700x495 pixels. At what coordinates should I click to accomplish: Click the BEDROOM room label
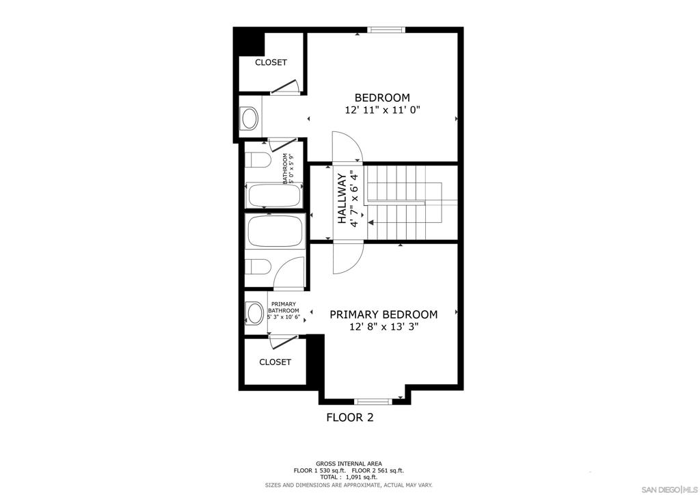[x=382, y=97]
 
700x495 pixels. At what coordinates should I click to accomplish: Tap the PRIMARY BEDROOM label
[x=383, y=315]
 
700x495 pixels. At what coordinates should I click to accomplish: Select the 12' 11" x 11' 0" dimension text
[x=383, y=110]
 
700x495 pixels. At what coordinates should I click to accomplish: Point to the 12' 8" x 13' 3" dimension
[x=384, y=327]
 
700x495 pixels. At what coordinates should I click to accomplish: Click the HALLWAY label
[x=342, y=199]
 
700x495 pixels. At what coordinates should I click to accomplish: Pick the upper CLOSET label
[x=271, y=62]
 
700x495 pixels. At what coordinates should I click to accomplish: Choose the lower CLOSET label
[x=275, y=362]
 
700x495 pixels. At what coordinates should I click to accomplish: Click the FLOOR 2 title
[x=350, y=417]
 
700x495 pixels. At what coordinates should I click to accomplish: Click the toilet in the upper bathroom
[x=258, y=159]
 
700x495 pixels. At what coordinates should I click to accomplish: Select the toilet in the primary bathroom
[x=258, y=267]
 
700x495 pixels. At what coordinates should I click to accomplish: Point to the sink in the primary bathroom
[x=255, y=312]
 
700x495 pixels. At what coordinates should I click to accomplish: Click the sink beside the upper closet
[x=249, y=119]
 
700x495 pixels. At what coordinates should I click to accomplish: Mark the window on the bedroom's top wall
[x=386, y=30]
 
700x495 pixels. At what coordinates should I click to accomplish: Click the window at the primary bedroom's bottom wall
[x=373, y=401]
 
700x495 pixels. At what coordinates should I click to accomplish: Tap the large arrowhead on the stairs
[x=371, y=222]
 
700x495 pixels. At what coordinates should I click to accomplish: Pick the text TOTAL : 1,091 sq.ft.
[x=349, y=477]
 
